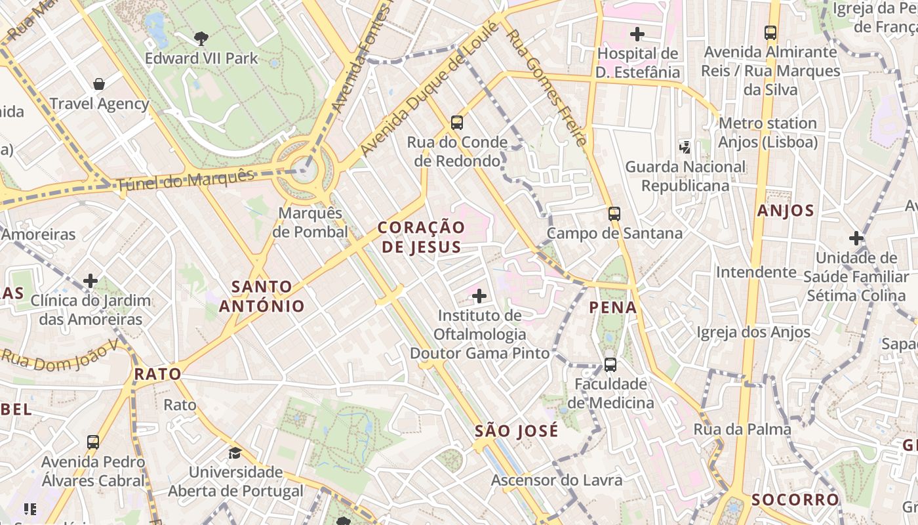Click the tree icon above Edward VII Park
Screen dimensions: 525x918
tap(201, 38)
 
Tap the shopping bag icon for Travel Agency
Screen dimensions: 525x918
tap(99, 84)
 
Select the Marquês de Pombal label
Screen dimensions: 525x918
tap(311, 222)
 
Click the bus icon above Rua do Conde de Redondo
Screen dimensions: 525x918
tap(457, 122)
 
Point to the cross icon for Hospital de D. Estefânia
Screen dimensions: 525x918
tap(637, 33)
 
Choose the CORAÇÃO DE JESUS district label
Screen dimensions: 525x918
tap(422, 237)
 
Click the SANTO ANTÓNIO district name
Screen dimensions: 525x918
tap(262, 296)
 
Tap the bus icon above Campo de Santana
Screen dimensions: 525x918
tap(614, 213)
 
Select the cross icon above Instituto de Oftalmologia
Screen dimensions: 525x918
tap(479, 296)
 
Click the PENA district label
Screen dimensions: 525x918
tap(613, 307)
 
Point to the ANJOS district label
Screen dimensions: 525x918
tap(786, 211)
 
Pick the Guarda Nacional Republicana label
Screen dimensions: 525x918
tap(685, 176)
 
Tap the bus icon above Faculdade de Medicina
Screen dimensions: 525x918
tap(610, 364)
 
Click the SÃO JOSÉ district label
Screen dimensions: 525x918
tap(517, 431)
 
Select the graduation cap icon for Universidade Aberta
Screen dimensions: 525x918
tap(235, 453)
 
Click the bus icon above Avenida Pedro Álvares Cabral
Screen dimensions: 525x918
tap(93, 442)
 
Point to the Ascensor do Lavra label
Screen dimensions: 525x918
tap(557, 480)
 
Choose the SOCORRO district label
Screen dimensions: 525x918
tap(795, 499)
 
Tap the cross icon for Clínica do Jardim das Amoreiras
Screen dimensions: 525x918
tap(90, 281)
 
